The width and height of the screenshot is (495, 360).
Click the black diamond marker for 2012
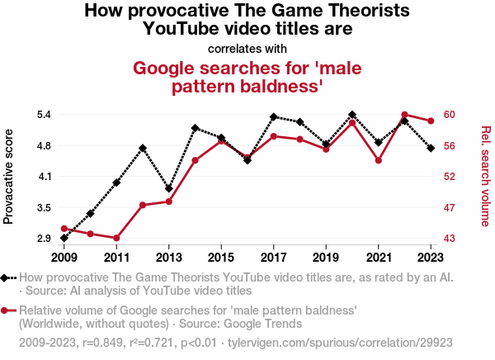[x=143, y=149]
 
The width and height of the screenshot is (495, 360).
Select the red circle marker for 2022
[x=405, y=115]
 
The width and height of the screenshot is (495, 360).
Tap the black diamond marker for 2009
[x=64, y=238]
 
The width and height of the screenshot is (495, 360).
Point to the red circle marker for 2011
[x=116, y=238]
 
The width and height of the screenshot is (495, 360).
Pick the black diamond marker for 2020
[x=352, y=115]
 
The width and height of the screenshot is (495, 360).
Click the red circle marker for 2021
[x=379, y=160]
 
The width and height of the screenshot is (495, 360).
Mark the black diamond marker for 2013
[x=169, y=188]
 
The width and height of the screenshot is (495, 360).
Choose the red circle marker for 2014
[x=196, y=160]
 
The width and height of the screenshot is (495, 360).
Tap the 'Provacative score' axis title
[x=9, y=176]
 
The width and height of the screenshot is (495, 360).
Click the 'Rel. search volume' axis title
[x=485, y=176]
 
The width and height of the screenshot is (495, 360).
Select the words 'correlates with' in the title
[x=247, y=48]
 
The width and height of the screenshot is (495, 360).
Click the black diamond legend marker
[x=6, y=278]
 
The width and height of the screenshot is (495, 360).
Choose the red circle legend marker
[x=6, y=310]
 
